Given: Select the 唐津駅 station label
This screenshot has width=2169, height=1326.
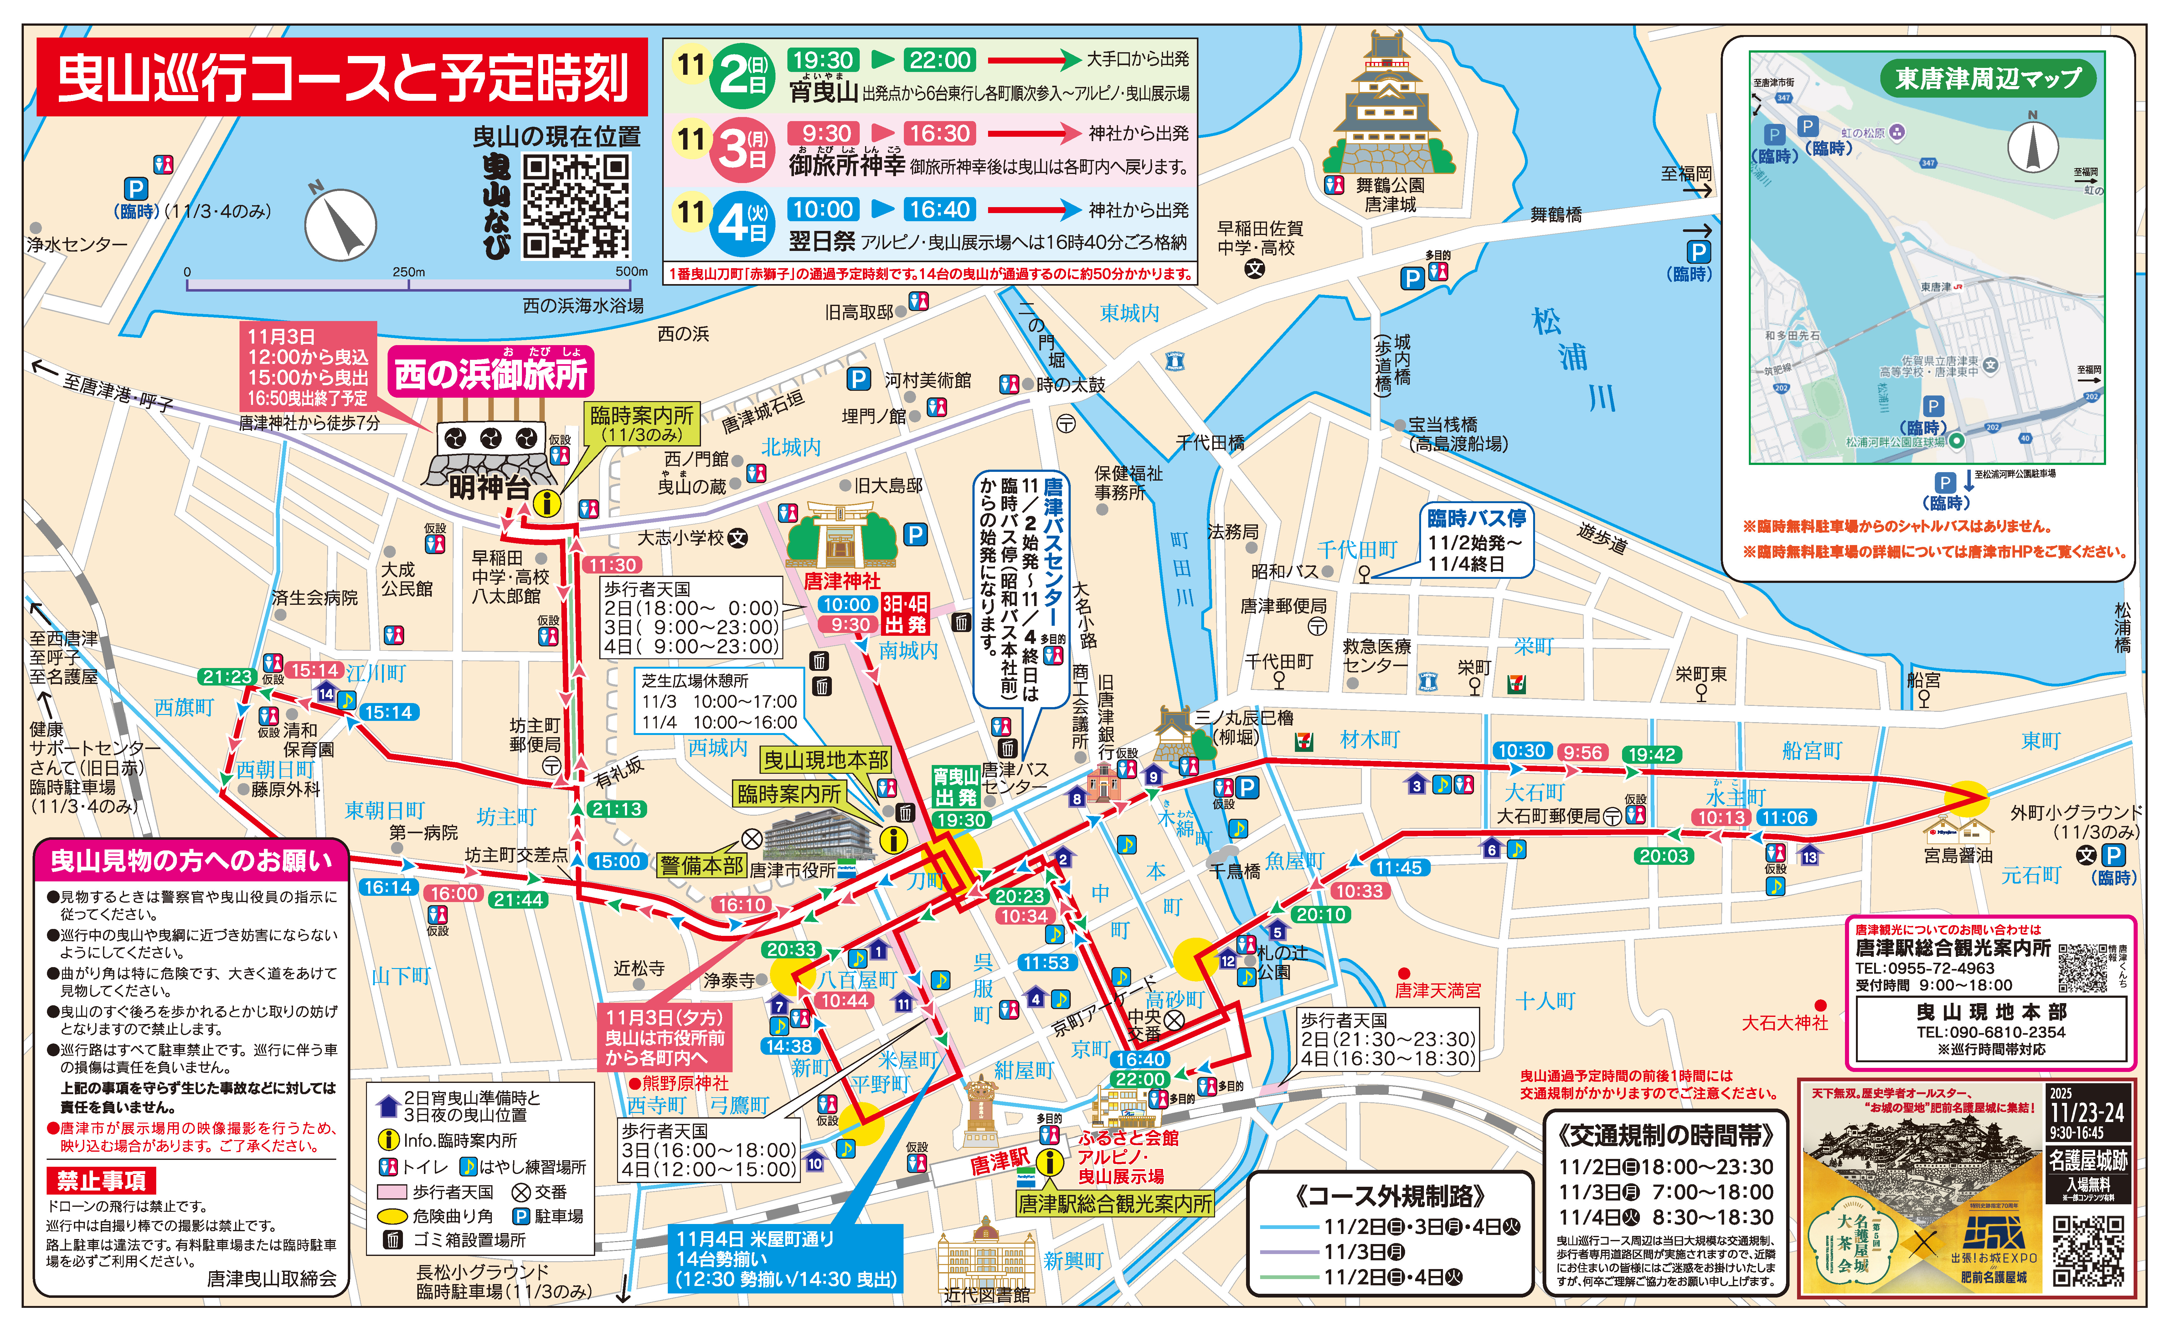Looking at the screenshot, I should (999, 1162).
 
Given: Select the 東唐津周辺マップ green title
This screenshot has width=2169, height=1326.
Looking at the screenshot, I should (1988, 78).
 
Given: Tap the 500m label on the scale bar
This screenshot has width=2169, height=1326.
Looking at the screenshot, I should (631, 271).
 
